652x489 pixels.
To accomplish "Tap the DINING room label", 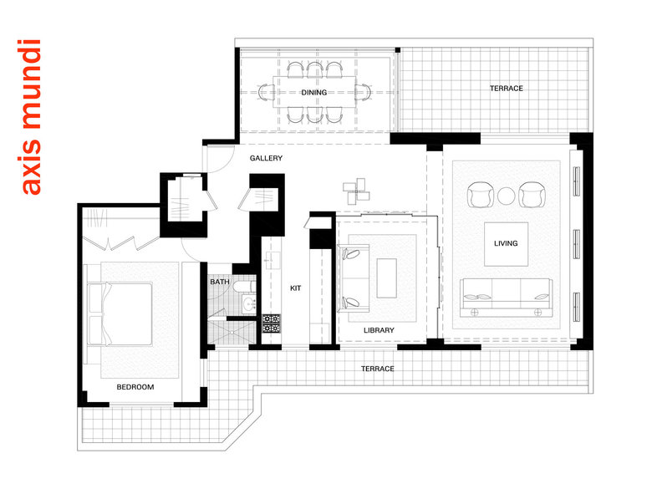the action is pyautogui.click(x=314, y=92).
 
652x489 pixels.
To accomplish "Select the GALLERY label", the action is pyautogui.click(x=266, y=158).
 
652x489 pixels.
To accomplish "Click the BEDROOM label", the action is pyautogui.click(x=135, y=387).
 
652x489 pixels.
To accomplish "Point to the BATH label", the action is pyautogui.click(x=220, y=282).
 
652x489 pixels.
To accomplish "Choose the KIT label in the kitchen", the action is pyautogui.click(x=296, y=288).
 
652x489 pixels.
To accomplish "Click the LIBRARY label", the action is pyautogui.click(x=379, y=330).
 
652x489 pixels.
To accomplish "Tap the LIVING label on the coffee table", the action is pyautogui.click(x=506, y=243).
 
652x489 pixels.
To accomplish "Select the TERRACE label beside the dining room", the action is pyautogui.click(x=507, y=88).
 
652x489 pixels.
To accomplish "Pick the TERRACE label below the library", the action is pyautogui.click(x=378, y=369).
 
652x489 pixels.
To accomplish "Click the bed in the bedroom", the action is pyautogui.click(x=120, y=314).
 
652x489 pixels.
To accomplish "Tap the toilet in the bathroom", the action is pyautogui.click(x=245, y=287).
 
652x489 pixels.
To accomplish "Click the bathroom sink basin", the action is pyautogui.click(x=249, y=305).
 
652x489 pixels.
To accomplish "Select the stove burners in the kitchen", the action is pyautogui.click(x=272, y=323).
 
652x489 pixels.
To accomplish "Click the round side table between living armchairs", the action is pyautogui.click(x=506, y=196).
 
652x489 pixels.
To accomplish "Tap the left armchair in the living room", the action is pyautogui.click(x=481, y=194).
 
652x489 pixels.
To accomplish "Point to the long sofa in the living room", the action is pyautogui.click(x=506, y=298).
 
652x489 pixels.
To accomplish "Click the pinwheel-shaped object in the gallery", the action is pyautogui.click(x=356, y=191).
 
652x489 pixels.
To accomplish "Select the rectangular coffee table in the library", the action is pyautogui.click(x=387, y=278).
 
